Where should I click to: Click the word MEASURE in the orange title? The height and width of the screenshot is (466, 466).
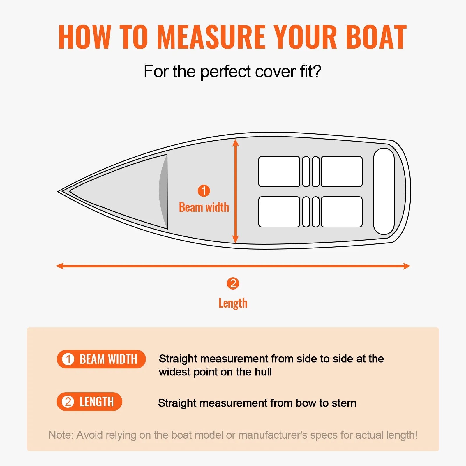(211, 37)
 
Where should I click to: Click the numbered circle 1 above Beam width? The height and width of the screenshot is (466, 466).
(204, 191)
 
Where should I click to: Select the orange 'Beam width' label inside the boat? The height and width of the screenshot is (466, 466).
(204, 207)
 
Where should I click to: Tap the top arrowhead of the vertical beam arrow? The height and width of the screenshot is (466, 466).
(236, 142)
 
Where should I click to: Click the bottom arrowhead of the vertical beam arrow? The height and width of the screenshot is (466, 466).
(236, 240)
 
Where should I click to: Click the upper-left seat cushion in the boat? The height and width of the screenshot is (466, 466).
(279, 172)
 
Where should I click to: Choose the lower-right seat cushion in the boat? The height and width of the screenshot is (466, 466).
(342, 212)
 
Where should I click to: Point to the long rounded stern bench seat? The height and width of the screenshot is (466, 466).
(384, 191)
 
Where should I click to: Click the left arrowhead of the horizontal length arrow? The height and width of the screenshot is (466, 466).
(59, 266)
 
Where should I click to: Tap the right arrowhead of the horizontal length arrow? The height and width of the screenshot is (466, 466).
(407, 266)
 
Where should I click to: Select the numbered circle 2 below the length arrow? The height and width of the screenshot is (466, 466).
(233, 283)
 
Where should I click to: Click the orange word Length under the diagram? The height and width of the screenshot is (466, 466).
(233, 303)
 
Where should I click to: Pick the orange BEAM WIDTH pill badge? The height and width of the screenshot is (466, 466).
(101, 359)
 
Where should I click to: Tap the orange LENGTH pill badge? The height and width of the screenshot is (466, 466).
(89, 402)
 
